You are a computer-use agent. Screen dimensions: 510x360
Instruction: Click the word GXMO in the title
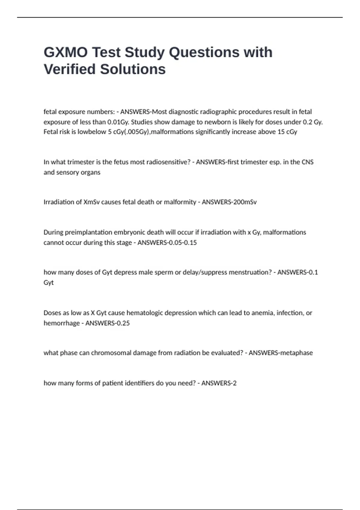[x=66, y=52]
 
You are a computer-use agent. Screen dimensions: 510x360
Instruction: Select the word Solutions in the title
[x=133, y=69]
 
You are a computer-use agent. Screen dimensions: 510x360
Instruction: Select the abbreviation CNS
[x=307, y=162]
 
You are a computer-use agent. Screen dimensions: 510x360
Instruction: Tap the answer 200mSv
[x=244, y=202]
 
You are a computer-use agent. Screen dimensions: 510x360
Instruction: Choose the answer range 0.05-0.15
[x=182, y=243]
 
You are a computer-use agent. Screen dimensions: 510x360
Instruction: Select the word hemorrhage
[x=61, y=323]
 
